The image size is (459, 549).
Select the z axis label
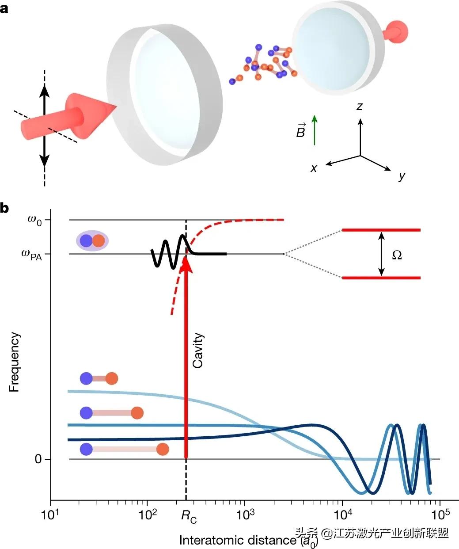click(x=360, y=107)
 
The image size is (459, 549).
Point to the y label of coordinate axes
click(x=402, y=176)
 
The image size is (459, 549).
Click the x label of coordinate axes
click(x=314, y=168)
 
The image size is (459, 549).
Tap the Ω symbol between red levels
click(x=397, y=255)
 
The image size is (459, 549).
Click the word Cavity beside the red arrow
click(x=198, y=351)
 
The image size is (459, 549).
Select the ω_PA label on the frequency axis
click(x=30, y=255)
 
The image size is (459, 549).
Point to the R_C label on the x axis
click(x=189, y=516)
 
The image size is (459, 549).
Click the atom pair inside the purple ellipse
click(x=92, y=240)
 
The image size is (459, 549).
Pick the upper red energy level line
click(x=381, y=230)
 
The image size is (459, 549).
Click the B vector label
click(x=301, y=131)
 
